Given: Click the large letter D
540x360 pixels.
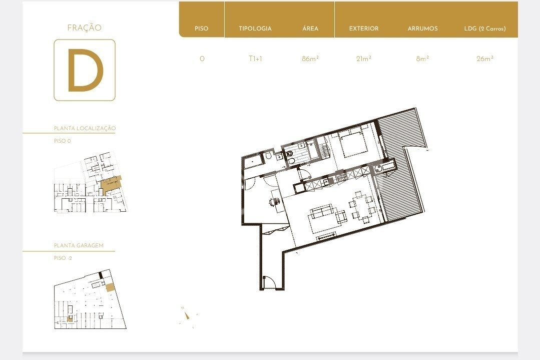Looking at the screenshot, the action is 85,70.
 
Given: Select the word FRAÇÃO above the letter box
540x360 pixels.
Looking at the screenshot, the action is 85,28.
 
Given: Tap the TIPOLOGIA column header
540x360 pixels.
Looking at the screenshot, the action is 255,29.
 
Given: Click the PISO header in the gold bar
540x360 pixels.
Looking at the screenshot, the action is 202,29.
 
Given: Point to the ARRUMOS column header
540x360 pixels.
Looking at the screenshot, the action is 422,29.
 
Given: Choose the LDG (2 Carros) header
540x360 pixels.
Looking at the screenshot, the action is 485,29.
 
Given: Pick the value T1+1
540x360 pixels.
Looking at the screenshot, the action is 255,59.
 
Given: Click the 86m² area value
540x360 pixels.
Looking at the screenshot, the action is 310,59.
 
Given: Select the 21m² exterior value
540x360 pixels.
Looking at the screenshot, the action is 364,59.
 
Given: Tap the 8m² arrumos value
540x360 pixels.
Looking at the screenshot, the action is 422,59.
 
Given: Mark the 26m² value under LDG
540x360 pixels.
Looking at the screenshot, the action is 485,59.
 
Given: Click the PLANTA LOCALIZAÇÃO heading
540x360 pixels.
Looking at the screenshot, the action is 85,128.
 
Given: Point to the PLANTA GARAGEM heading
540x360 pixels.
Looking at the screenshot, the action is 79,245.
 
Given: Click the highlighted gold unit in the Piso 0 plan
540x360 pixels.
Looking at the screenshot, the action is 111,185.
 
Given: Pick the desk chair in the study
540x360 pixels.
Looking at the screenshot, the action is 274,202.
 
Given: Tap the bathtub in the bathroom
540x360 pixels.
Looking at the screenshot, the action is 254,161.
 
